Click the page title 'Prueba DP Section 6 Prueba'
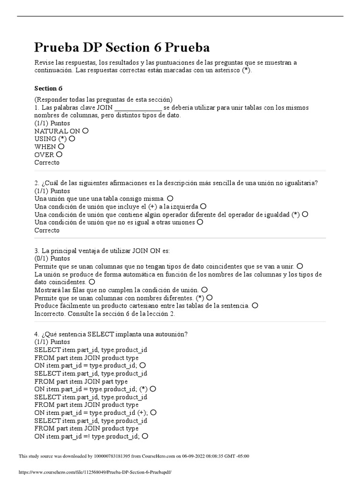tap(122, 47)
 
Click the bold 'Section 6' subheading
tap(48, 88)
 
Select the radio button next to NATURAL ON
tap(85, 131)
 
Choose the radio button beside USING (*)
tap(72, 139)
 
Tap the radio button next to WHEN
tap(61, 147)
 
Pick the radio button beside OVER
tap(59, 154)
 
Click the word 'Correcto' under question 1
tap(47, 163)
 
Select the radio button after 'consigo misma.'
tap(170, 199)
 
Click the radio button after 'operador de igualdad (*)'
tap(305, 214)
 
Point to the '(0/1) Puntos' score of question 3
tap(52, 258)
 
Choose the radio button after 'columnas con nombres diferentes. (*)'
tap(210, 298)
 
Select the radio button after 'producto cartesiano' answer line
tap(255, 305)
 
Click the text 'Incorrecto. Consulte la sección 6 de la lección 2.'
tap(105, 314)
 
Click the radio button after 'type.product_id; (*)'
tap(153, 389)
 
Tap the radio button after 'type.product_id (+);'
tap(153, 412)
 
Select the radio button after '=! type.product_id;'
tap(145, 436)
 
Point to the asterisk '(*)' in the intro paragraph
tap(246, 70)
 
